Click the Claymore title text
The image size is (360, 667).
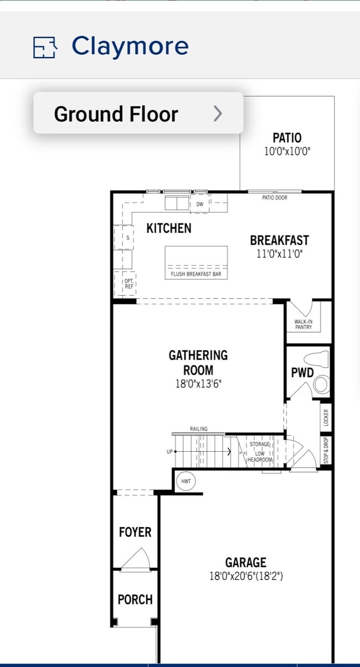coord(130,46)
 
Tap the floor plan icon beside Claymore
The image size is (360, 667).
coord(45,48)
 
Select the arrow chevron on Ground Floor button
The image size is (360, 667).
coord(218,113)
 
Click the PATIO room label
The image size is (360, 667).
coord(287,137)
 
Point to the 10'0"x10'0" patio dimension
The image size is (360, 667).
coord(287,151)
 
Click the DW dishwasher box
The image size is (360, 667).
coord(199,204)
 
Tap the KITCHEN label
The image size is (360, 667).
coord(169,228)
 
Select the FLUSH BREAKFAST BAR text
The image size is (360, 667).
coord(196,274)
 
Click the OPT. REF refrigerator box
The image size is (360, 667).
coord(128,284)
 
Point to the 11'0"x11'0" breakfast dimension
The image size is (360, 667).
coord(279,255)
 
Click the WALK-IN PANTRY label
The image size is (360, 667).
coord(303,324)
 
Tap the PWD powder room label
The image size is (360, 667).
coord(302,373)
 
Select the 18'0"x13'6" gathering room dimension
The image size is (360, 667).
coord(198,384)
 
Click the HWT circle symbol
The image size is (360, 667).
coord(186,481)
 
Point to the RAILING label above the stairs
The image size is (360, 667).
coord(199,429)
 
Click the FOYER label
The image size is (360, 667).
coord(135,532)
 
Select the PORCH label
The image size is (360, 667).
coord(135,599)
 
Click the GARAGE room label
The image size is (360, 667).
coord(245,563)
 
